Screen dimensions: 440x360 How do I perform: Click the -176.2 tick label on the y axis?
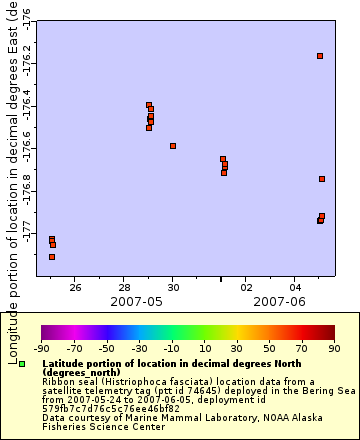coord(26,63)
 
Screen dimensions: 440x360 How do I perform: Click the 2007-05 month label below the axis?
coord(136,300)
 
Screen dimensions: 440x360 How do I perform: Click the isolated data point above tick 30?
coord(173,146)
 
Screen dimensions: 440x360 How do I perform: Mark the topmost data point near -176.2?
coord(320,56)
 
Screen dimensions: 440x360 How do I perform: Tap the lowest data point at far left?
coord(52,257)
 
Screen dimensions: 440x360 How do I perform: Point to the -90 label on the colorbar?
coord(41,350)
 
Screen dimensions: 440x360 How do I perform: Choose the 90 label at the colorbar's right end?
coord(335,350)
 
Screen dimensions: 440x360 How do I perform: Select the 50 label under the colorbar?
coord(270,350)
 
